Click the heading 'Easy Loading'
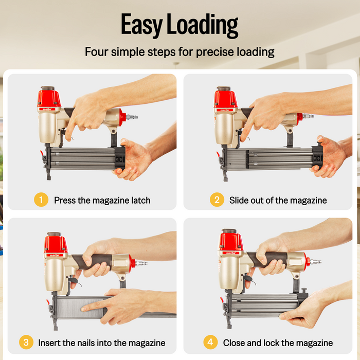coord(179,24)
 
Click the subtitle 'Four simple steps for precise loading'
coord(179,52)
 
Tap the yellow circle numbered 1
coord(41,200)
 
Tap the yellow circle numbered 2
coord(217,200)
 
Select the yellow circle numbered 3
coord(26,343)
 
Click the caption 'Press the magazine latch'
coord(102,200)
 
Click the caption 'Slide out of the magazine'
coord(278,200)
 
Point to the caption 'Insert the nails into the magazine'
coord(102,343)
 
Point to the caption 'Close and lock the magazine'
coord(278,343)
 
